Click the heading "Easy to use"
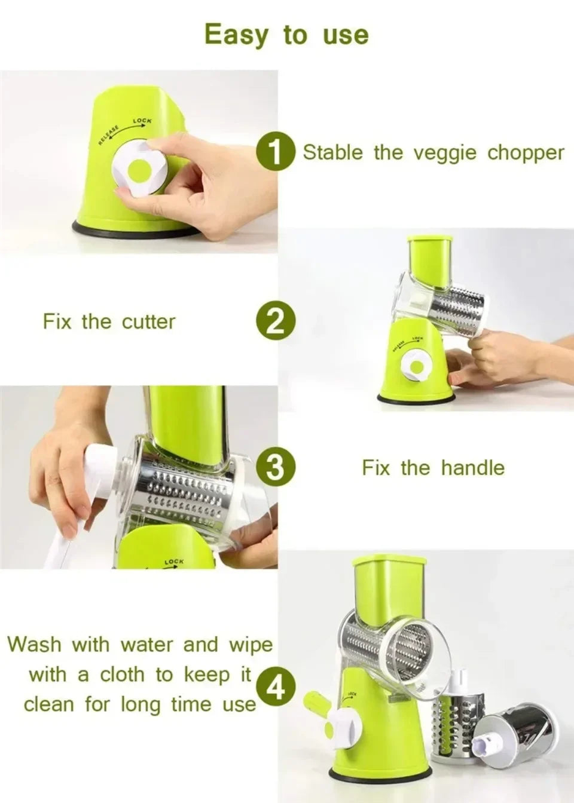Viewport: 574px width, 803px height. point(286,35)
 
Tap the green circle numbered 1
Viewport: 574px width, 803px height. point(276,153)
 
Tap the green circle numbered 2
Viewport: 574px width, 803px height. point(276,322)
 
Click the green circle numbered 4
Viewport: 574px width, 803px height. point(276,689)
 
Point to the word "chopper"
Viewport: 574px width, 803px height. point(525,153)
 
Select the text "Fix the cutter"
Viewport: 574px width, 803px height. point(109,322)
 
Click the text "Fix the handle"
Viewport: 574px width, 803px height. point(433,468)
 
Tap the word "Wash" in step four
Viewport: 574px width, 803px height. point(34,645)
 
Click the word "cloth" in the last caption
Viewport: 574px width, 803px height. point(122,675)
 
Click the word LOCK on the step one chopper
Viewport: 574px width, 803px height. point(142,121)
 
